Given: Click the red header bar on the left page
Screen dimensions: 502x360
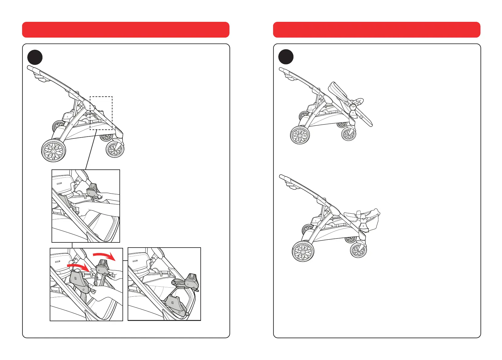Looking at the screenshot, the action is (x=125, y=30).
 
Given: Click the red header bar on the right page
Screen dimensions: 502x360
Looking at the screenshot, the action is (x=376, y=30).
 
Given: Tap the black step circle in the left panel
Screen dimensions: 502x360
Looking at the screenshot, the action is (x=35, y=57).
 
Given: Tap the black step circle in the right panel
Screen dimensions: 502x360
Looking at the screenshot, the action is (x=286, y=57).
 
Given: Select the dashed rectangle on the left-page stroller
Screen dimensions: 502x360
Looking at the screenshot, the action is (x=101, y=113).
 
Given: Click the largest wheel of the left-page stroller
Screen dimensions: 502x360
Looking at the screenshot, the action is (x=53, y=151).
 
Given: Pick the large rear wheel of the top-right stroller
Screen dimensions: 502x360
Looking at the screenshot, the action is (x=300, y=135).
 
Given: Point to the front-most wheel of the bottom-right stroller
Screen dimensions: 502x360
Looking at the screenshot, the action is (x=358, y=251).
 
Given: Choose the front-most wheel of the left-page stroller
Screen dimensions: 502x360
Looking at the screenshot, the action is (x=115, y=149).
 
